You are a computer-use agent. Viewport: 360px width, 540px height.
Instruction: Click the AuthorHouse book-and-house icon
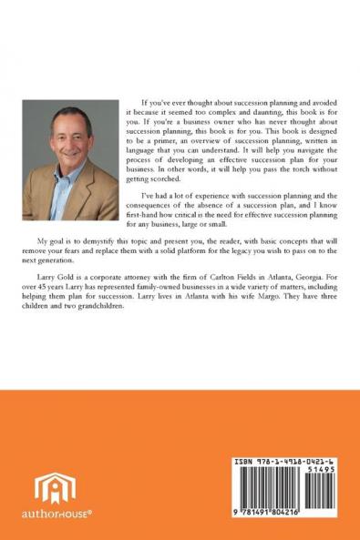pyautogui.click(x=55, y=490)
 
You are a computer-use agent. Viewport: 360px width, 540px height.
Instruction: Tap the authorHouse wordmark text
pyautogui.click(x=57, y=514)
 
